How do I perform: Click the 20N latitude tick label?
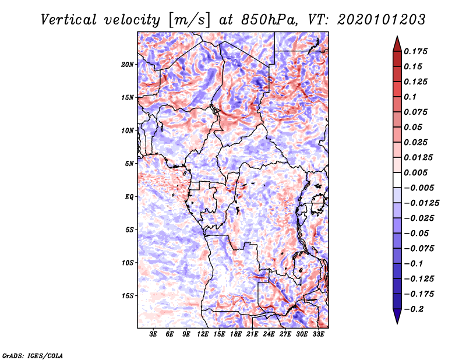click(x=128, y=64)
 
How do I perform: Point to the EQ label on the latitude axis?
click(x=129, y=197)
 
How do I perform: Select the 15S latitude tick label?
click(x=128, y=296)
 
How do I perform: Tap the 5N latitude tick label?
click(x=129, y=164)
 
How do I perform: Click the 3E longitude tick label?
click(x=153, y=335)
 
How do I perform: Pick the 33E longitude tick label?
click(x=317, y=335)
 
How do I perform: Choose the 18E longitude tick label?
click(x=235, y=335)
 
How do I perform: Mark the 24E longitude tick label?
click(x=269, y=335)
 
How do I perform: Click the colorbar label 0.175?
click(x=417, y=51)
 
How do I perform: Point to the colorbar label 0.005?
click(x=417, y=172)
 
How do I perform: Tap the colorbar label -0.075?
click(x=419, y=248)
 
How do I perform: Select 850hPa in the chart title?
click(x=258, y=20)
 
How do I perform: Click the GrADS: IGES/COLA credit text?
click(x=32, y=355)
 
